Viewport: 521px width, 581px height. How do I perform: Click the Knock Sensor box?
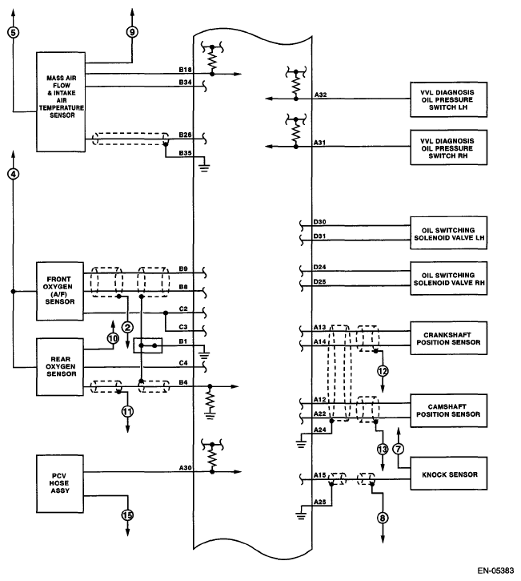[x=448, y=473]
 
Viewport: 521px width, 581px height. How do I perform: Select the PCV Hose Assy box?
[x=60, y=483]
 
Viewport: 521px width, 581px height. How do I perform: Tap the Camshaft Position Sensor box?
[x=448, y=410]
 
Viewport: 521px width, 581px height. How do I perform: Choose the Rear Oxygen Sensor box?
[x=60, y=367]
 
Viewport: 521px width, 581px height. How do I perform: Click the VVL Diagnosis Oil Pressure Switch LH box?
[x=448, y=99]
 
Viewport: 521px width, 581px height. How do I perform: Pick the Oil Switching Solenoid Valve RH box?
[x=448, y=278]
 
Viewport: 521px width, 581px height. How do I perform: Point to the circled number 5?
[x=13, y=33]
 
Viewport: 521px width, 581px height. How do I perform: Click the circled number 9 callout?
[x=132, y=32]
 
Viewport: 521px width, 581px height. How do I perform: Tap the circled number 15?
[x=128, y=515]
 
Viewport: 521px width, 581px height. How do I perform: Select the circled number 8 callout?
[x=383, y=518]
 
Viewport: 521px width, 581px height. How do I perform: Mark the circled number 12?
[x=383, y=371]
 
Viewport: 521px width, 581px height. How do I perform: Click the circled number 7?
[x=398, y=449]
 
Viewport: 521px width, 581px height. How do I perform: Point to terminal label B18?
[x=185, y=70]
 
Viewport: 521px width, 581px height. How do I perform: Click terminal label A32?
[x=320, y=95]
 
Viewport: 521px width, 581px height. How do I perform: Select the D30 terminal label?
[x=319, y=222]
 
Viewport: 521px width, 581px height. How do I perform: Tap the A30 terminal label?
[x=186, y=468]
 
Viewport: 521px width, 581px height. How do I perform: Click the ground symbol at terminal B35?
[x=204, y=167]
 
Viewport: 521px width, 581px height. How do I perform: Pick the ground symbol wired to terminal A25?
[x=301, y=515]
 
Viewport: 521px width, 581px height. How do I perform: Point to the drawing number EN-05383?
[x=495, y=571]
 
